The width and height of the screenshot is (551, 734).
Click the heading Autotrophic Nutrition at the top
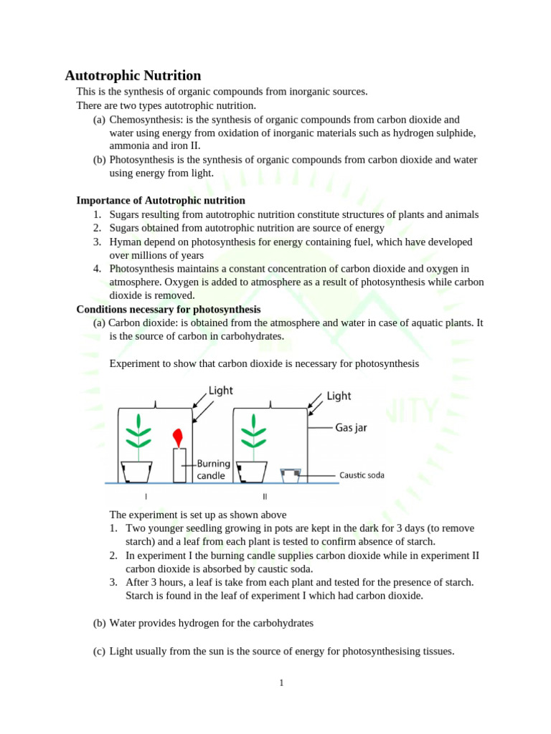click(x=133, y=75)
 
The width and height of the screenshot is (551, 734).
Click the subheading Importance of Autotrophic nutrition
click(x=161, y=201)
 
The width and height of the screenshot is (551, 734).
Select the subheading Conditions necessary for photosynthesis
click(x=169, y=310)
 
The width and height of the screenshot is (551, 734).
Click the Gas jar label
click(x=351, y=428)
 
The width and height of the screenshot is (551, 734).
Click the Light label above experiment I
click(x=221, y=391)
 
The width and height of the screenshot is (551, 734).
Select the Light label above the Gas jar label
click(x=339, y=396)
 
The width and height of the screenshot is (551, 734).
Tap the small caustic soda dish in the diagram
click(x=290, y=475)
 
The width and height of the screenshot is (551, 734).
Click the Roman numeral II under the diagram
click(x=265, y=496)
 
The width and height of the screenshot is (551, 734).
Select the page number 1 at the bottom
click(x=282, y=682)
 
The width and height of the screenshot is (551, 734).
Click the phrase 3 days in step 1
click(x=416, y=528)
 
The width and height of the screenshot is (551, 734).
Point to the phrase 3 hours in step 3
click(x=156, y=581)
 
